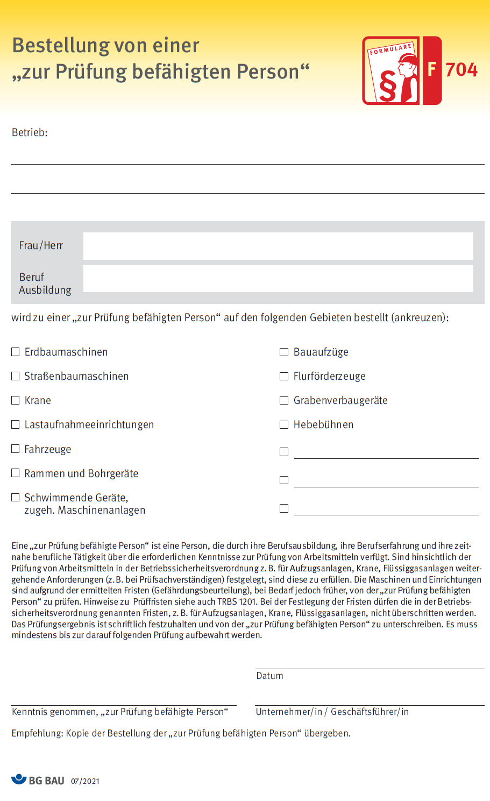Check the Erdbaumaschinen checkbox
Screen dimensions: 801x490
pos(16,352)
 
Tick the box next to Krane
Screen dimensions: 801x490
pos(16,400)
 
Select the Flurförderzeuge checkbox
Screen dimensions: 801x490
pos(284,377)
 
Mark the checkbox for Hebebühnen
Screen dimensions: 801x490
pos(284,425)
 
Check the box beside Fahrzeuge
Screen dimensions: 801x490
pos(16,449)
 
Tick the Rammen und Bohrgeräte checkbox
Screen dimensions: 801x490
pos(16,473)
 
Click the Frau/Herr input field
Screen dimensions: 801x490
pos(278,246)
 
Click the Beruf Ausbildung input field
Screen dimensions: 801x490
pos(278,279)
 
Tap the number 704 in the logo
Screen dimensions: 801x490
pos(461,70)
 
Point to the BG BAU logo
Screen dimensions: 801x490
pos(38,780)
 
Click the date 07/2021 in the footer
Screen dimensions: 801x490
pos(85,781)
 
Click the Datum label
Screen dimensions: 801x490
pos(269,676)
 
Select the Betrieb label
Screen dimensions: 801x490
pos(30,133)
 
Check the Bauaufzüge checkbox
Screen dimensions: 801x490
pos(284,352)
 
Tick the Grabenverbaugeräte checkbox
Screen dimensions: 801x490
pos(284,401)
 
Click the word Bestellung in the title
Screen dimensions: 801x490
pos(60,46)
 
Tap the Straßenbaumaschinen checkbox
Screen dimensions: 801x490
pos(16,376)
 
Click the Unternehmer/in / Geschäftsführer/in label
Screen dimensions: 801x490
pos(332,712)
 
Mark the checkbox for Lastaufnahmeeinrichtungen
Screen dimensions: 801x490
pos(16,424)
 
